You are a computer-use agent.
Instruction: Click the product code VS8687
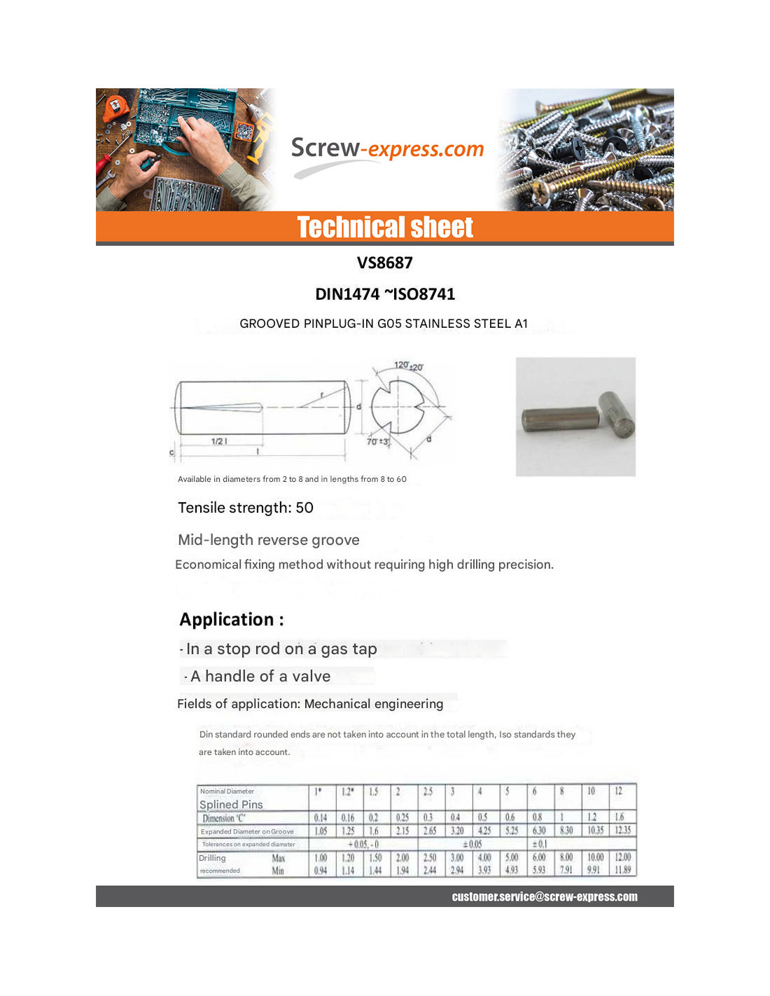point(385,263)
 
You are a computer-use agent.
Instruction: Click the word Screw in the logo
point(325,148)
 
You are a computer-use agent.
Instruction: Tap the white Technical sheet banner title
point(385,228)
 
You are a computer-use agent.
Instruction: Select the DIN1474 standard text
point(347,294)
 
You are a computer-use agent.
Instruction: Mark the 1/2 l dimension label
point(219,441)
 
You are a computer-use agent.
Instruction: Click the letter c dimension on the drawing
point(171,452)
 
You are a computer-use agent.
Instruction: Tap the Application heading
point(232,620)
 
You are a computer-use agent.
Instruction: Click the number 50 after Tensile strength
point(304,508)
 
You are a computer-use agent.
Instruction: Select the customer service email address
point(545,897)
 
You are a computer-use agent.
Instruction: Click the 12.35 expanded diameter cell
point(622,831)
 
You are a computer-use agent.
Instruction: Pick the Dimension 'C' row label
point(224,818)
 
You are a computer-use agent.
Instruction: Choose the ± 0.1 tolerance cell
point(540,844)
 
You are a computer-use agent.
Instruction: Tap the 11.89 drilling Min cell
point(622,871)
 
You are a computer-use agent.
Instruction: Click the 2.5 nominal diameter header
point(428,791)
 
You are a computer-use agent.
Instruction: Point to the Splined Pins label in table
point(231,805)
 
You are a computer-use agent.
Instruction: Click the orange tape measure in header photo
point(113,107)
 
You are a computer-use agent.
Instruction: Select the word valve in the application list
point(311,677)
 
